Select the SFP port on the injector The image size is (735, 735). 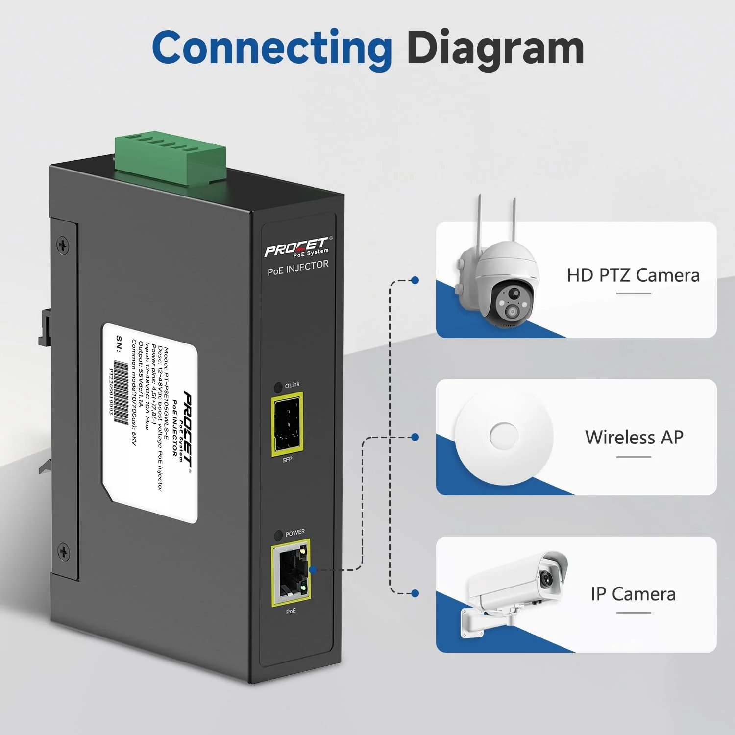click(287, 424)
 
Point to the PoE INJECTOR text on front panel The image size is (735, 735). click(298, 268)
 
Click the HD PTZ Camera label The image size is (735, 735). click(633, 275)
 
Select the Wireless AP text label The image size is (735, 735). click(634, 437)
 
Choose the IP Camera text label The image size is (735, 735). click(633, 594)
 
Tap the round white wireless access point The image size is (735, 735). click(504, 435)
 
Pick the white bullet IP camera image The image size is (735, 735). click(514, 588)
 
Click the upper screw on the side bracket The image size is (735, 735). click(63, 245)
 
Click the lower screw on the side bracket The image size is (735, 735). click(64, 552)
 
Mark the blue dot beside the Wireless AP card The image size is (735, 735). click(415, 437)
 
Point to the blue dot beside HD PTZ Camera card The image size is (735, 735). click(415, 280)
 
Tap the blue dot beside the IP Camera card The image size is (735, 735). click(415, 593)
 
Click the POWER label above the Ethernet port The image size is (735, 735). click(295, 533)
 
